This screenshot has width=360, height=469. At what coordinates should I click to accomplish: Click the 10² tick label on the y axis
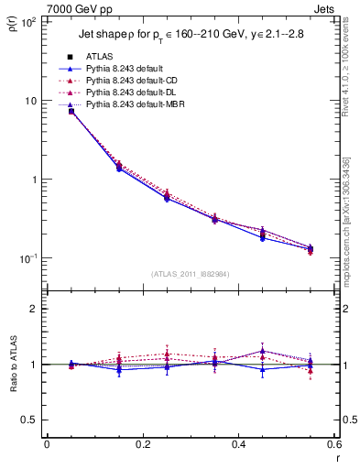tap(28, 21)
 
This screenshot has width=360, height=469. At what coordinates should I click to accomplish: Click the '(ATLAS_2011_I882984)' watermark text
tap(190, 274)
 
